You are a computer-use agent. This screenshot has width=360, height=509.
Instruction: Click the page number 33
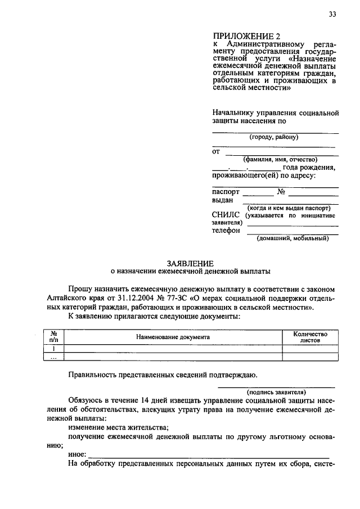[332, 15]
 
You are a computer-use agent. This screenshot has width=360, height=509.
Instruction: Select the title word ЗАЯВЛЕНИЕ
[190, 263]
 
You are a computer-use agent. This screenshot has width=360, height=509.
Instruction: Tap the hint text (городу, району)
[274, 137]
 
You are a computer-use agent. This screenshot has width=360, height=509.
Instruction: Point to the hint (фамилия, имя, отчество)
[276, 159]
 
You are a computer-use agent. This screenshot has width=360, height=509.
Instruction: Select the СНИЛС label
[225, 215]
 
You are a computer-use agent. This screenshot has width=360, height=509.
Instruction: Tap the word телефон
[226, 230]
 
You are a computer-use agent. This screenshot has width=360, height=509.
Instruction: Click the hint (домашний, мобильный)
[292, 238]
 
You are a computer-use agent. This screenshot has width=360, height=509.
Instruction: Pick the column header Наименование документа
[173, 337]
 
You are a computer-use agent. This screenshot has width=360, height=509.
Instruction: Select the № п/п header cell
[55, 337]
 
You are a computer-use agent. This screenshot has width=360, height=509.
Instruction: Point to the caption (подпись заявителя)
[276, 391]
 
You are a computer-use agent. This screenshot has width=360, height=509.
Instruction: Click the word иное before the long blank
[76, 454]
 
